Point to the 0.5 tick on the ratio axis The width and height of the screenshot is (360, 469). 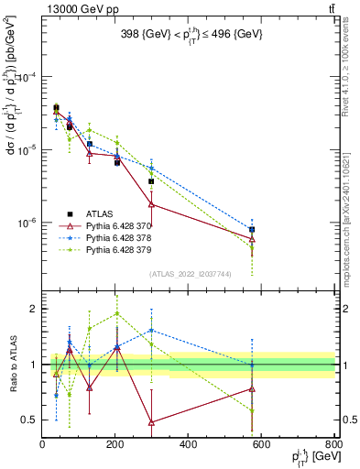30,420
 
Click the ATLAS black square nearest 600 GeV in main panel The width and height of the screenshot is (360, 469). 252,229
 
